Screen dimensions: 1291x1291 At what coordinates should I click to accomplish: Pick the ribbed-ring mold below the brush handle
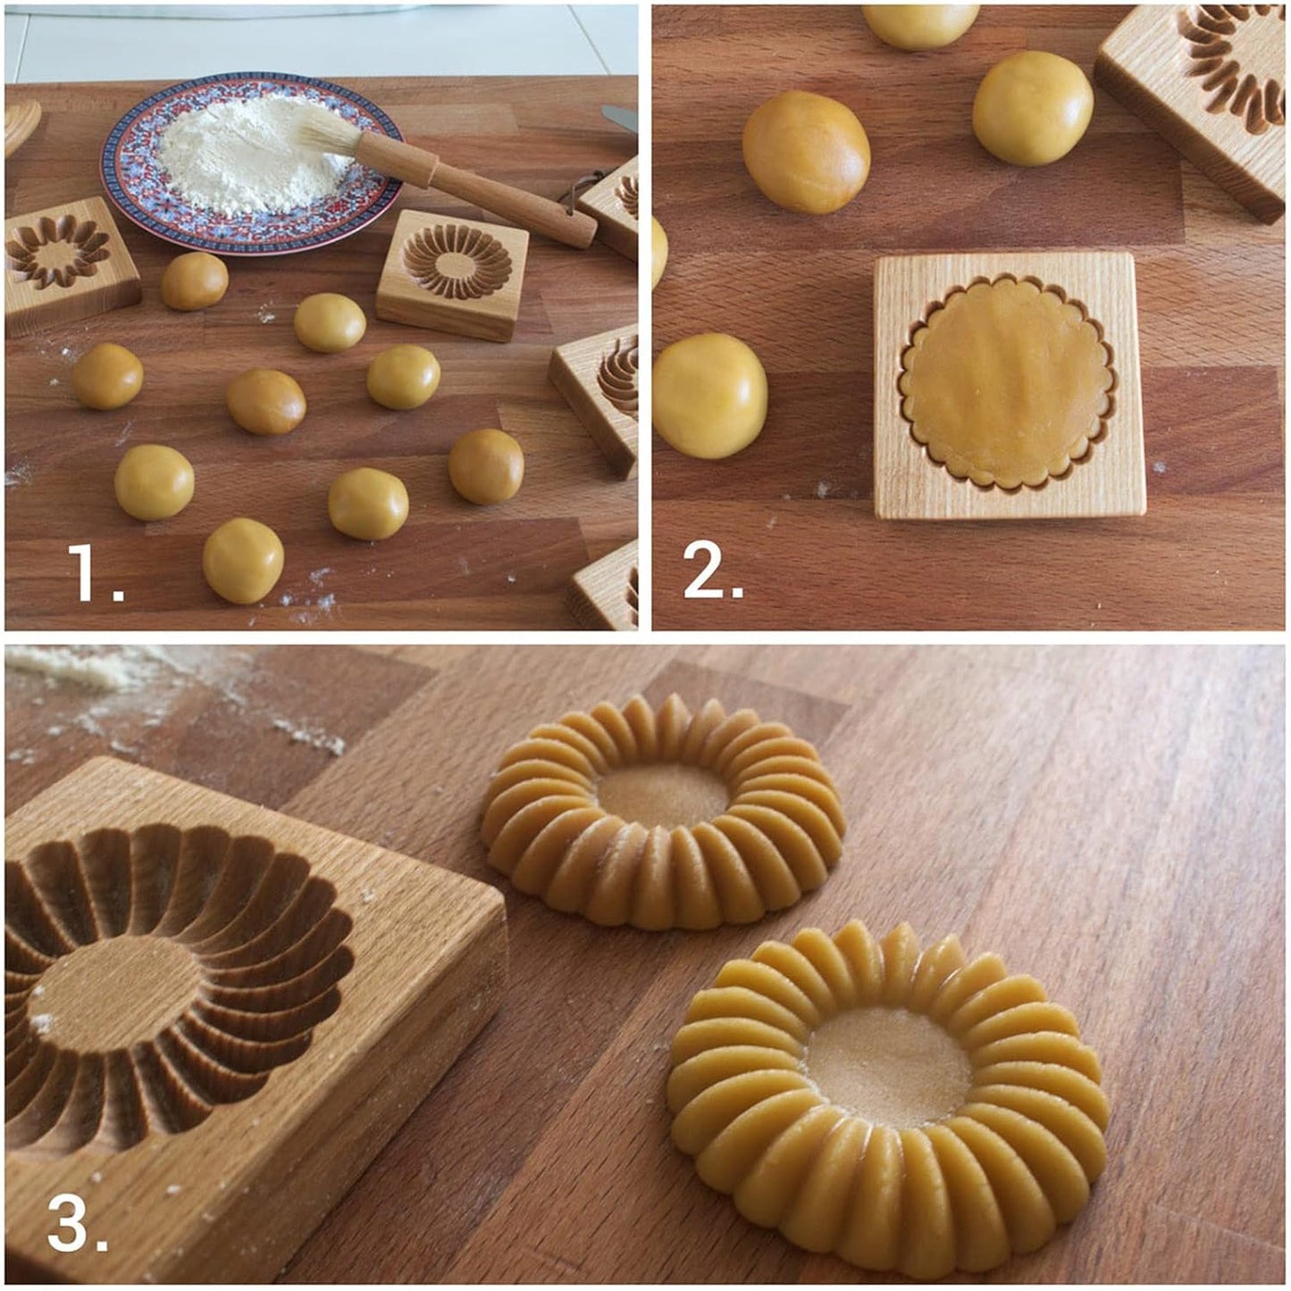click(x=454, y=266)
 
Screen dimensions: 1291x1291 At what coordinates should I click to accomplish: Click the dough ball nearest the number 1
click(x=243, y=561)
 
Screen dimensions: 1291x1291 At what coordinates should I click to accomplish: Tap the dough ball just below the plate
click(x=194, y=281)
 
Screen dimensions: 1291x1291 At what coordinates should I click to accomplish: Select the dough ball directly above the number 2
click(x=709, y=396)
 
